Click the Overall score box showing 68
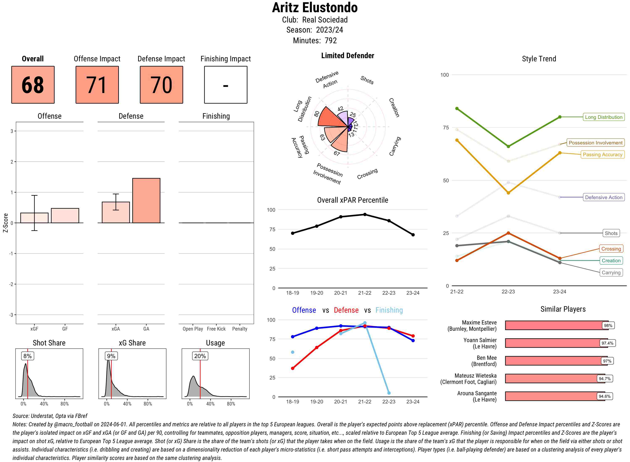(x=33, y=85)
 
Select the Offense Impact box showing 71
(x=97, y=85)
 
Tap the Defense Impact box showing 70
(x=161, y=85)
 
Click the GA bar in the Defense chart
(x=146, y=200)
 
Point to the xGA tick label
(x=116, y=329)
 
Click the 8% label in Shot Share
(x=27, y=356)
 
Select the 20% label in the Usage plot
(x=200, y=356)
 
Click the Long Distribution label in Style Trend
(x=604, y=117)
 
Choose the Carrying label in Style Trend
(x=611, y=273)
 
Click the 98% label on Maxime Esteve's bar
(x=608, y=325)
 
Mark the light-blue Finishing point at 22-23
(x=389, y=393)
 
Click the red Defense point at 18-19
(x=293, y=368)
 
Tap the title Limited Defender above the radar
(x=347, y=56)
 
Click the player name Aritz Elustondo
(x=315, y=8)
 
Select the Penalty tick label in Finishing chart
(x=240, y=329)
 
